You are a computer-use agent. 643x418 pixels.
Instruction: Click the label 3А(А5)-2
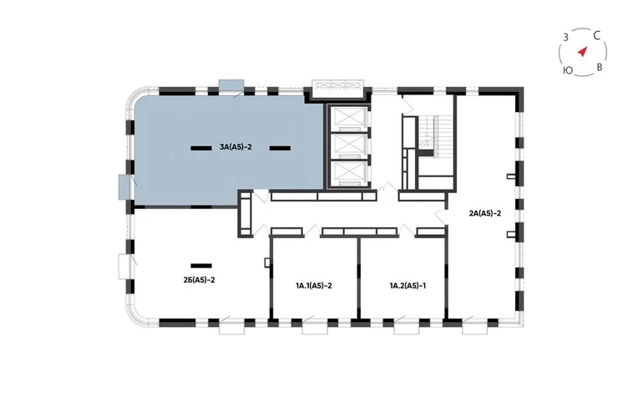tap(235, 146)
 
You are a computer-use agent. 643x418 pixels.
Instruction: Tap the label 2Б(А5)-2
tap(200, 279)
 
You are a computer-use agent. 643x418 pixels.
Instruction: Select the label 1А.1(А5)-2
tap(314, 285)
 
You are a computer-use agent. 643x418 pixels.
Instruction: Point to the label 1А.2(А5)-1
tap(408, 285)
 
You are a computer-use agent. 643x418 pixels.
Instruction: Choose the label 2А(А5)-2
tap(485, 213)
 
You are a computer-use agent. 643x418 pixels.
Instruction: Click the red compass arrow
tap(582, 52)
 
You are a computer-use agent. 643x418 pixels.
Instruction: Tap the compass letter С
tap(597, 36)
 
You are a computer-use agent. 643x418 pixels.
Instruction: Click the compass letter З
tap(565, 38)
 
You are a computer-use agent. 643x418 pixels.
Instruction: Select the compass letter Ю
tap(568, 70)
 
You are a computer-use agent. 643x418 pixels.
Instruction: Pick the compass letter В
tap(599, 67)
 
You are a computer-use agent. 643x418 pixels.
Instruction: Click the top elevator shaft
tap(349, 119)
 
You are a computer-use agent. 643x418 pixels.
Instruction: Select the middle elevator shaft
tap(349, 146)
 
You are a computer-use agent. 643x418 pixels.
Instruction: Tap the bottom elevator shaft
tap(349, 173)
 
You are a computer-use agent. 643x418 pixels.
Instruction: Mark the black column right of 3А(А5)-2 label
tap(280, 148)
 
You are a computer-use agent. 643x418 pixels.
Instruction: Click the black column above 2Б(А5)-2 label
tap(201, 266)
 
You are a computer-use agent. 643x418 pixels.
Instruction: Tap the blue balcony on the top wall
tap(231, 85)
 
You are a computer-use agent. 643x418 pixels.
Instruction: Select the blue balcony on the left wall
tap(124, 187)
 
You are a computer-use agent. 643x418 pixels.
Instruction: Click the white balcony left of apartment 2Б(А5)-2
tap(124, 267)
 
